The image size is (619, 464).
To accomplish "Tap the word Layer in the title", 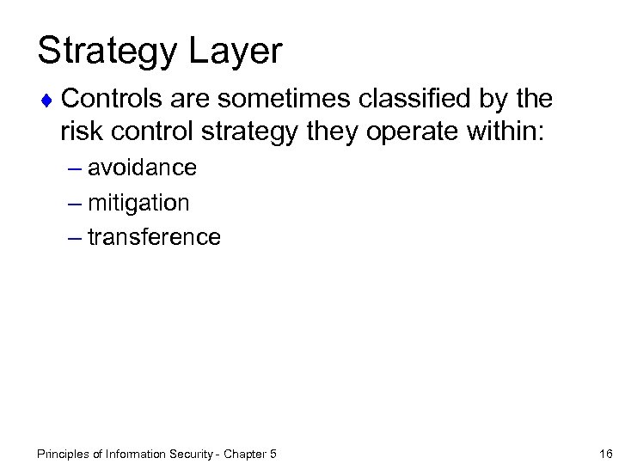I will [238, 52].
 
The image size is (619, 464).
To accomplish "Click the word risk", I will [82, 131].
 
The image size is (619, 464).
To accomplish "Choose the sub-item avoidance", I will [142, 168].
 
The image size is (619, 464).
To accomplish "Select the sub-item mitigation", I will [138, 203].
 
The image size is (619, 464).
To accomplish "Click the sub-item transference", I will [154, 237].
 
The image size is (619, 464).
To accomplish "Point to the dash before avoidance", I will [73, 168].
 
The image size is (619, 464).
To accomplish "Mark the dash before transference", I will [73, 238].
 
